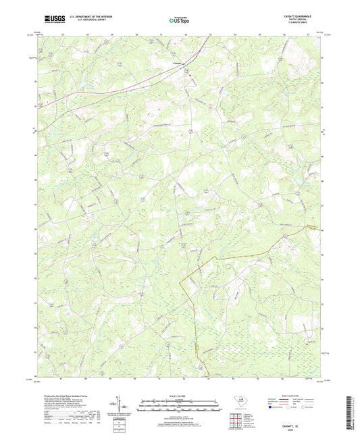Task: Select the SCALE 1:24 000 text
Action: coord(180,396)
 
